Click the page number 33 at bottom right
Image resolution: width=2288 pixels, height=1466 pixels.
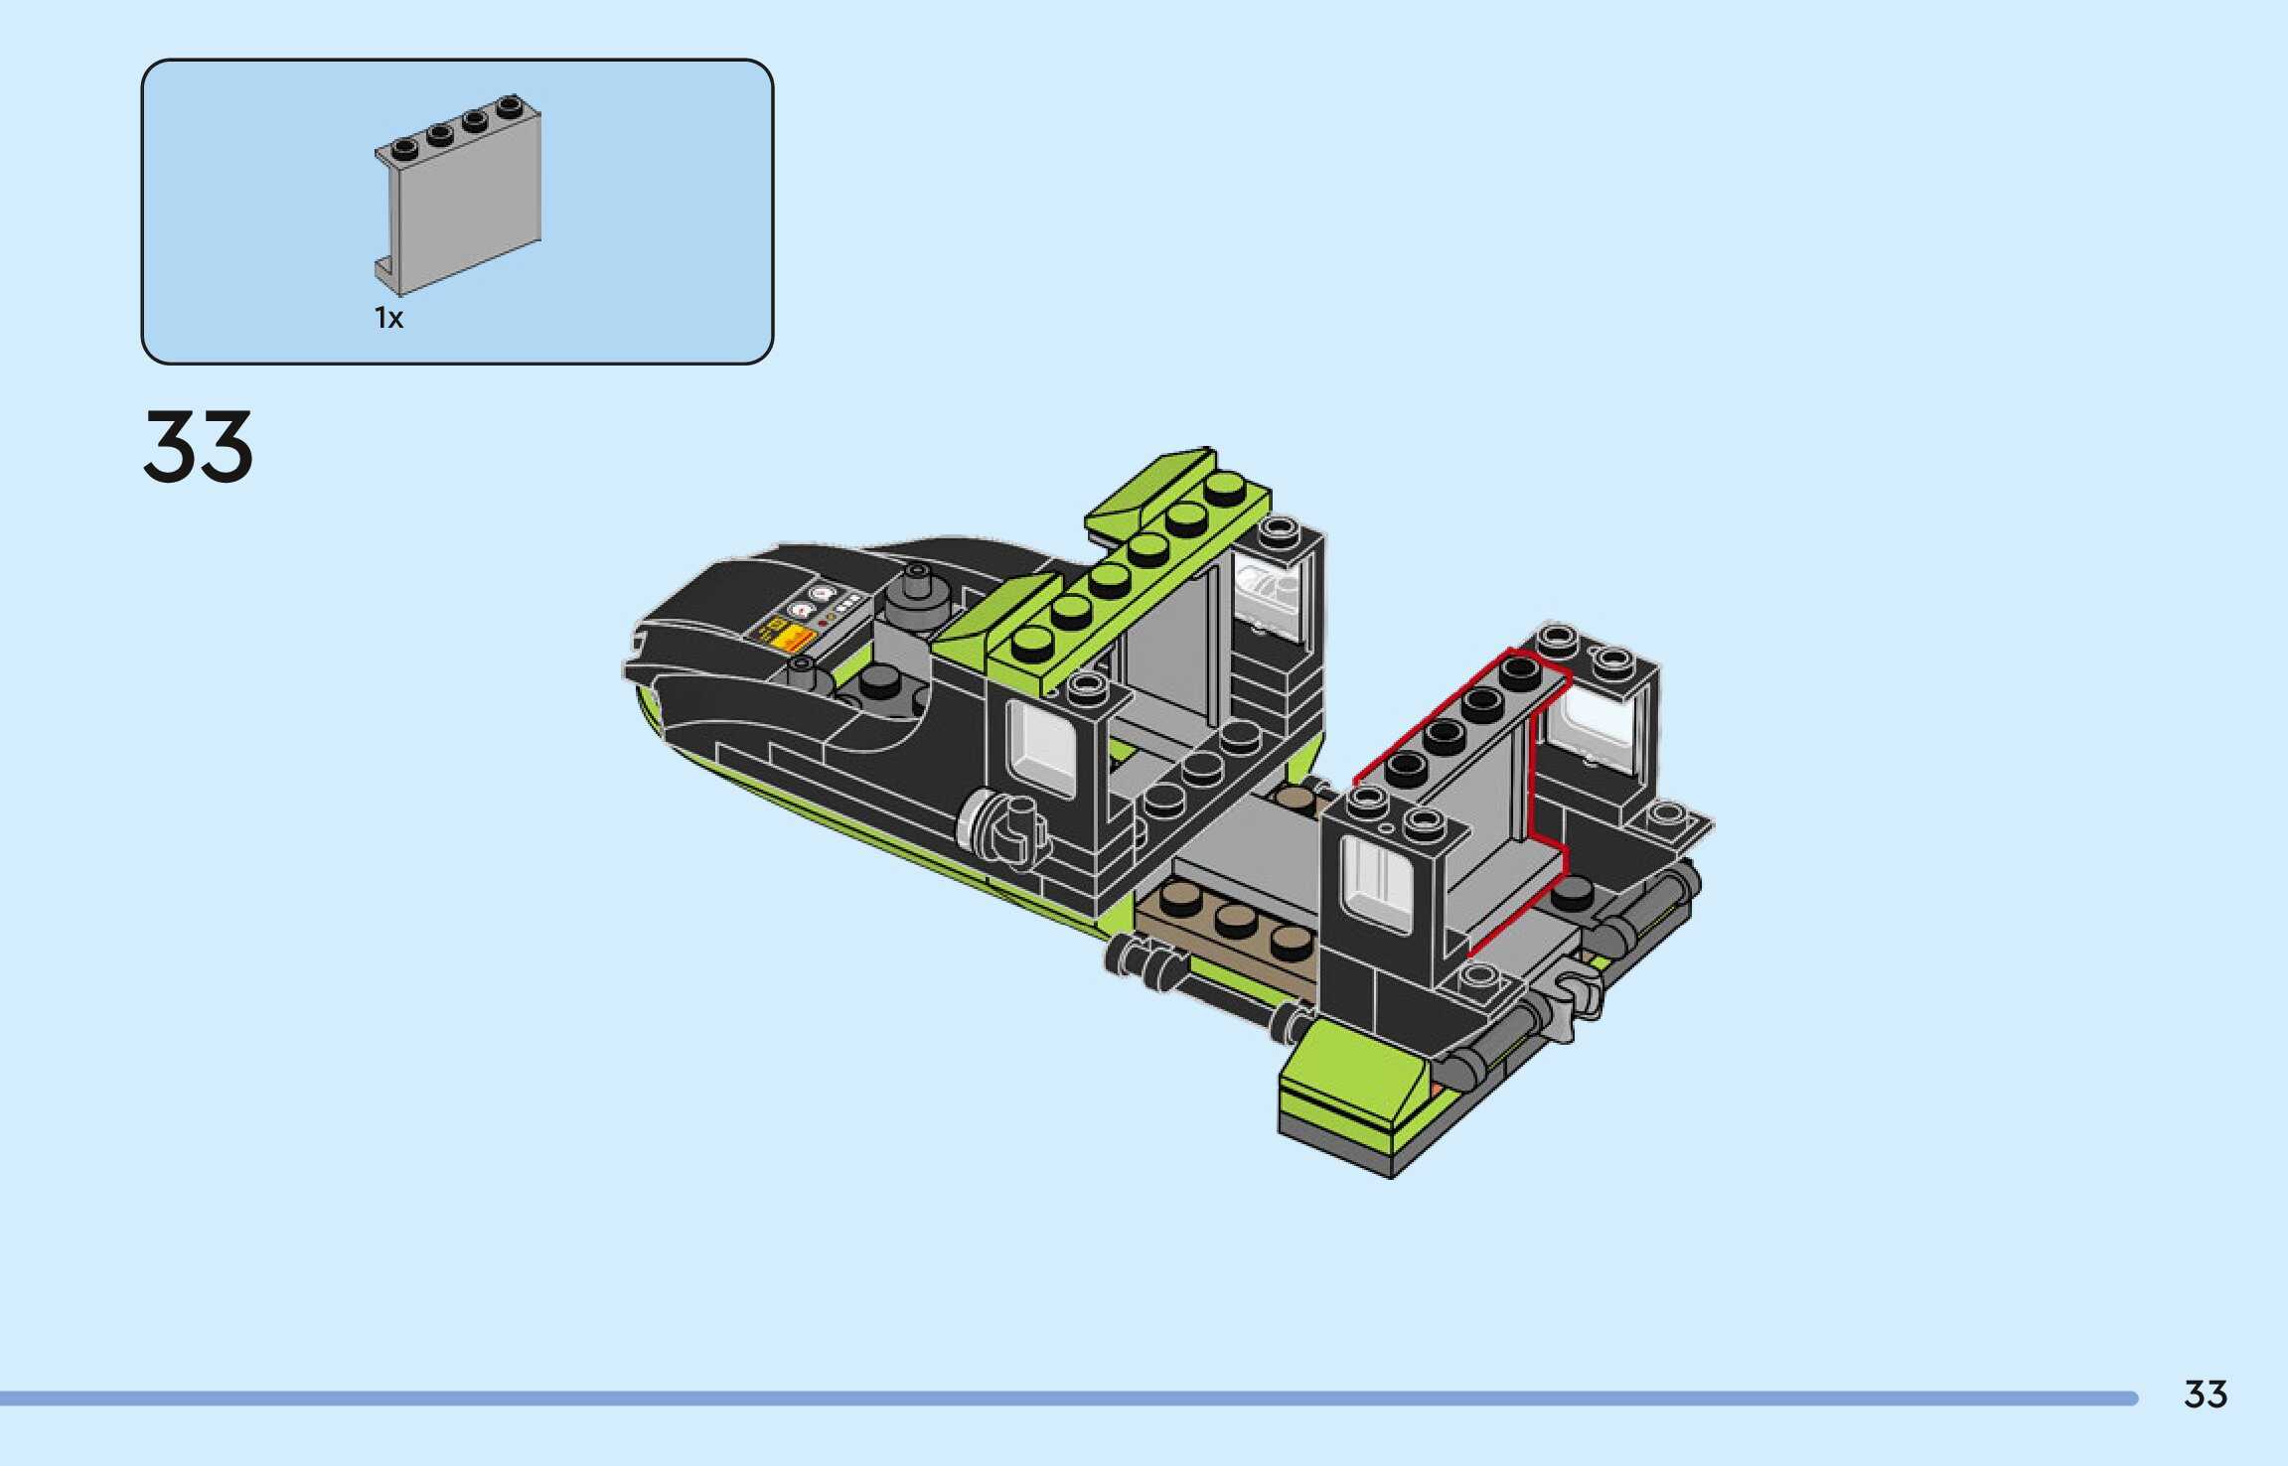click(2206, 1394)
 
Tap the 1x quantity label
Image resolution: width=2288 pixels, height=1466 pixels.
click(388, 318)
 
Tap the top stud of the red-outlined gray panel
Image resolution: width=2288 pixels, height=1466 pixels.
click(1520, 670)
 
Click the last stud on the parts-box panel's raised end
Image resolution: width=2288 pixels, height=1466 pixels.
click(510, 105)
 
